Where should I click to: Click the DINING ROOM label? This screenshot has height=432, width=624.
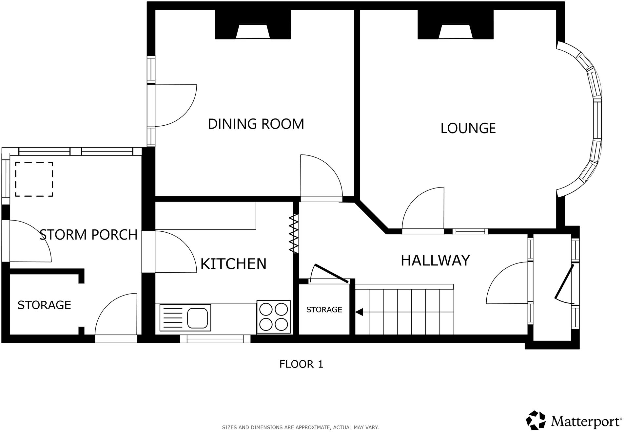click(256, 124)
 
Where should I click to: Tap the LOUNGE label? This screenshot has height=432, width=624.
click(468, 128)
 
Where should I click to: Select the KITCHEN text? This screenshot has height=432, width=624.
click(233, 264)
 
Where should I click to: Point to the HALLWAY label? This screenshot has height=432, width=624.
click(435, 261)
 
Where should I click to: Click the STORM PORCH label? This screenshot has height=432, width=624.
click(88, 235)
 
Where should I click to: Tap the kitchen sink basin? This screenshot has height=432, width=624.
click(197, 318)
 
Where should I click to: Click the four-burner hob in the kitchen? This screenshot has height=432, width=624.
click(273, 317)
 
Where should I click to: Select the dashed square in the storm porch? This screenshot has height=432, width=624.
click(34, 179)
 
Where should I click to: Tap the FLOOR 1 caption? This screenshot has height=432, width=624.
click(301, 364)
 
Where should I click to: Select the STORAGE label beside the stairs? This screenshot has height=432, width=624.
click(324, 310)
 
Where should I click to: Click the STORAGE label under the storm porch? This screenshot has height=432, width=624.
click(44, 305)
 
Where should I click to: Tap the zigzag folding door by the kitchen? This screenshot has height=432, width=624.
click(294, 233)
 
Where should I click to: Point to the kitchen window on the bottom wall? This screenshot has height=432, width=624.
click(215, 339)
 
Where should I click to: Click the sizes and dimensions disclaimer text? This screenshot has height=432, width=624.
click(300, 427)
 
